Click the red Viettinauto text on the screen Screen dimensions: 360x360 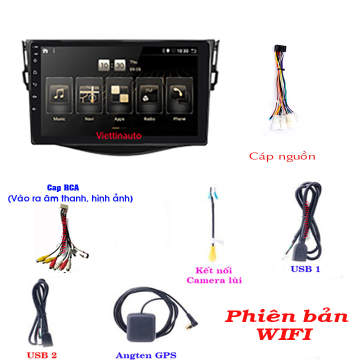point(118,135)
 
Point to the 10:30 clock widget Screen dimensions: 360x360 point(112,65)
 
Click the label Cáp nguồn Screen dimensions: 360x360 point(282,156)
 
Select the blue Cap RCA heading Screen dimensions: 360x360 point(63,188)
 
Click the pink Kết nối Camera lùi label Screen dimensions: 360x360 point(214,275)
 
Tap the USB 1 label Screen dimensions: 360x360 point(305,269)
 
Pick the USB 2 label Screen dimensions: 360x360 point(41,355)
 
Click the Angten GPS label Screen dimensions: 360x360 point(146,355)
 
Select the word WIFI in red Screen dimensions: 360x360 point(285,334)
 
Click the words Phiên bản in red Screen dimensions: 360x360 point(286,316)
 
